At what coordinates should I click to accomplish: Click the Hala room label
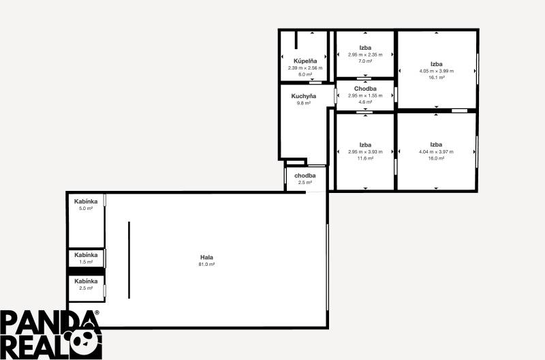point(206,257)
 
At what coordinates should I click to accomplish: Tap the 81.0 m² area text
point(206,264)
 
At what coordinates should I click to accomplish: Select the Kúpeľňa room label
point(304,61)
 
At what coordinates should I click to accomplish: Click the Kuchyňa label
point(304,96)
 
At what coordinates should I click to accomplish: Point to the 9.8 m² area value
point(304,103)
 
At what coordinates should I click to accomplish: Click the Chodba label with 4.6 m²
point(365,89)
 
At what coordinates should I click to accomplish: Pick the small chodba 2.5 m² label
point(305,176)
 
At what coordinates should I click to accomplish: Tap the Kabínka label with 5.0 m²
point(86,201)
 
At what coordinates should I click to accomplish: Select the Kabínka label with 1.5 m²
point(86,255)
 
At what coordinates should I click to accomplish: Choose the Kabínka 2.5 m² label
point(86,281)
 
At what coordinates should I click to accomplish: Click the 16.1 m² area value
point(437,78)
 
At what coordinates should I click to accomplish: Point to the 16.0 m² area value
point(437,158)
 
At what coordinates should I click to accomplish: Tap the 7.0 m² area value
point(365,61)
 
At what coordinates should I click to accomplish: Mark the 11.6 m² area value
point(365,158)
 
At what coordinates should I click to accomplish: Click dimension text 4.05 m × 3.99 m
point(437,71)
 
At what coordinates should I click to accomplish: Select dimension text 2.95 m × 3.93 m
point(365,151)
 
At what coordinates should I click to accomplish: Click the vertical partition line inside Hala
point(129,259)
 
